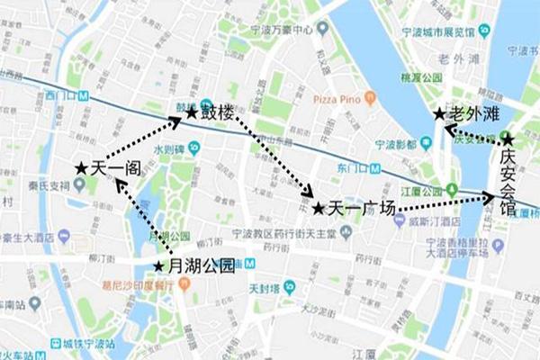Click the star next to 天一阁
pyautogui.click(x=82, y=168)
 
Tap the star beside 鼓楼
pyautogui.click(x=191, y=113)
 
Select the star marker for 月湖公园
pyautogui.click(x=159, y=266)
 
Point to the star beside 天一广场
pyautogui.click(x=318, y=209)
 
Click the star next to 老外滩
pyautogui.click(x=438, y=114)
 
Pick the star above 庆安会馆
pyautogui.click(x=508, y=139)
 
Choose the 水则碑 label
pyautogui.click(x=167, y=148)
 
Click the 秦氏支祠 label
pyautogui.click(x=48, y=185)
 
